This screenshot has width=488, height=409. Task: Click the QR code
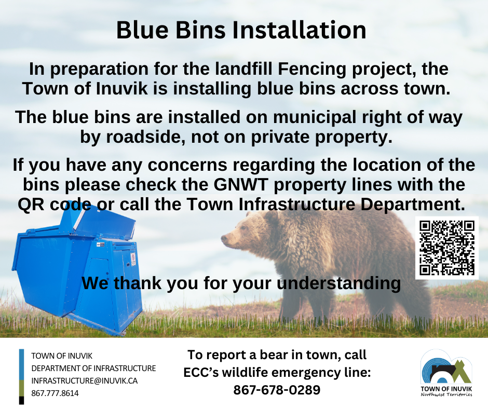pos(447,248)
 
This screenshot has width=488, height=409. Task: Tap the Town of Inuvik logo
pos(446,373)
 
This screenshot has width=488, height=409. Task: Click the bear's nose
pos(223,239)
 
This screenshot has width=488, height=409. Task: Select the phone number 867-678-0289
pos(277,390)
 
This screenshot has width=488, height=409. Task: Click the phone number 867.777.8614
pos(55,393)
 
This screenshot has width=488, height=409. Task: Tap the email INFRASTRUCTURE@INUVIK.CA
pos(84,380)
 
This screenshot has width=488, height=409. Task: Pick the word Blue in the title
pos(142,30)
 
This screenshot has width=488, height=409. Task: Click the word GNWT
pos(240,185)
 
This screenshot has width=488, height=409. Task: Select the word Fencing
pos(312,70)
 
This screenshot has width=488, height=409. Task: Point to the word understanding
pos(338,284)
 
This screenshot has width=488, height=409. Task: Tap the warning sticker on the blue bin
pos(133,259)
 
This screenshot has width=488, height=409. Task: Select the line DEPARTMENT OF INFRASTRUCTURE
pos(93,368)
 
